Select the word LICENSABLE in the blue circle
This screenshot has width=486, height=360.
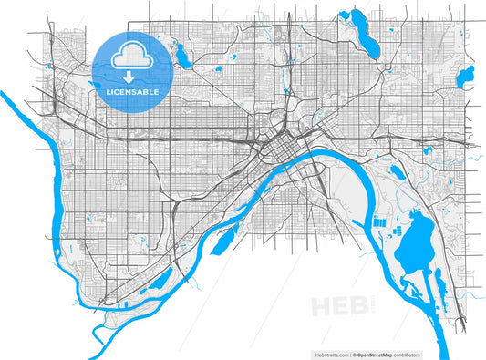click(x=133, y=92)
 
